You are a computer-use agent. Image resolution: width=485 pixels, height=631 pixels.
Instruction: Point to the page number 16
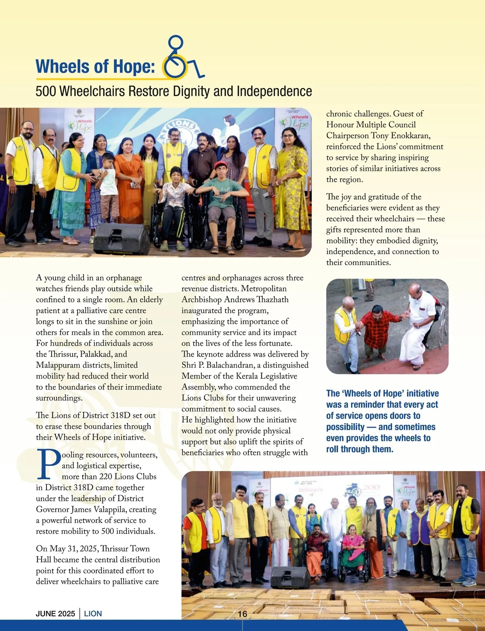[x=242, y=614]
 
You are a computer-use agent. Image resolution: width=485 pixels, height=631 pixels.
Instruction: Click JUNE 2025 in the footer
[x=55, y=614]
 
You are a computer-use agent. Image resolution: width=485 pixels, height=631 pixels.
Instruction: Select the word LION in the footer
[x=93, y=614]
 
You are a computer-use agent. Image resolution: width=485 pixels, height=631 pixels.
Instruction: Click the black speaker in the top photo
[x=122, y=239]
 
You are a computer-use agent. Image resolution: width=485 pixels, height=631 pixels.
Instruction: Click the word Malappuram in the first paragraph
[x=62, y=365]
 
